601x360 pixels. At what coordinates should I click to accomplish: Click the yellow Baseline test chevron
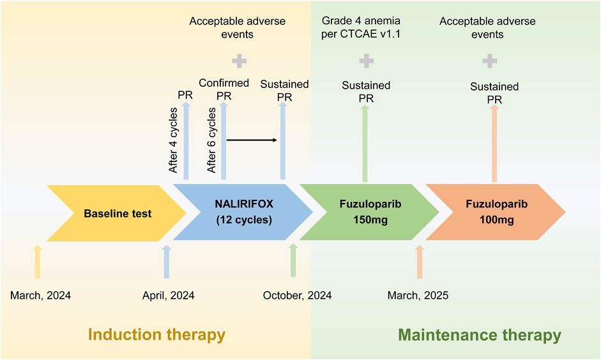point(117,213)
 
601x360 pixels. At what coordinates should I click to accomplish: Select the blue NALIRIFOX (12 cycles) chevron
point(244,212)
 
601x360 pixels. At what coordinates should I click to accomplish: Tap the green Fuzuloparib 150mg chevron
point(370,212)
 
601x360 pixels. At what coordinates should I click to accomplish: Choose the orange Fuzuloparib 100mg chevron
point(496,212)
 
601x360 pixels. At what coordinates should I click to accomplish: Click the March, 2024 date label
point(40,296)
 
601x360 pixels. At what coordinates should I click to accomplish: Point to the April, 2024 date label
point(168,296)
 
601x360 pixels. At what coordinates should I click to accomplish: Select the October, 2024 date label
point(297,296)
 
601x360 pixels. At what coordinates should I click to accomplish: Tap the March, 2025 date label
point(418,296)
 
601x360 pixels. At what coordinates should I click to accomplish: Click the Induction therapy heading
point(156,334)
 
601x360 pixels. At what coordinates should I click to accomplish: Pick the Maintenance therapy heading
point(480,335)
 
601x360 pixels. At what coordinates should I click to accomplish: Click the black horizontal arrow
point(252,140)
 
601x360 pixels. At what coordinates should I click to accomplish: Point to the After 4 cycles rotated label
point(173,140)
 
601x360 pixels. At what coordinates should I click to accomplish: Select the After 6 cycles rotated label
point(211,140)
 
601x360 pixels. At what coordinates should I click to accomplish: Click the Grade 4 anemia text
point(361,20)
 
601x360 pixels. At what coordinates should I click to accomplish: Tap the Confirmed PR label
point(224,89)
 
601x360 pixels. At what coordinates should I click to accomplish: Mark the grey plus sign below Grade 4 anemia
point(367,61)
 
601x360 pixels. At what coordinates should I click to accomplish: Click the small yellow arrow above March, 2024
point(37,262)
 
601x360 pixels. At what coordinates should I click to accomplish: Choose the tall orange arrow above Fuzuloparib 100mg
point(494,143)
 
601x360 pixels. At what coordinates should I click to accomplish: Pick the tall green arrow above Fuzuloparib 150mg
point(365,143)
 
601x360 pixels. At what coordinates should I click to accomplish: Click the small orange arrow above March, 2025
point(420,262)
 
